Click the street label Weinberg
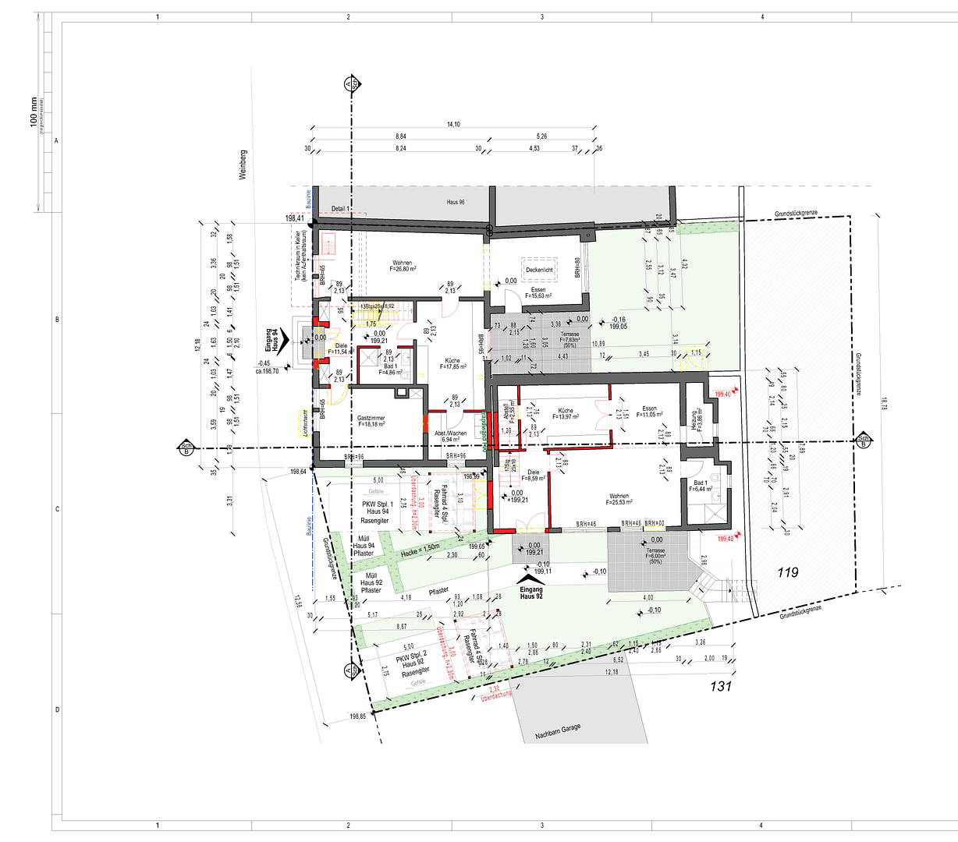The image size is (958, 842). point(243,165)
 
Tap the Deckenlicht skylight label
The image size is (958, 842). point(540,270)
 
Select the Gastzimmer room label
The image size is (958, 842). point(371,421)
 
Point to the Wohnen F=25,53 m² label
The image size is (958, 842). point(619,500)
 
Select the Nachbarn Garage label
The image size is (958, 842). point(558,732)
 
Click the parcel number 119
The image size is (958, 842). point(788,572)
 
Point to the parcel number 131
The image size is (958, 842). point(721,687)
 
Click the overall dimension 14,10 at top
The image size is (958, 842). point(453,125)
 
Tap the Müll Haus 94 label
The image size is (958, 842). point(364,546)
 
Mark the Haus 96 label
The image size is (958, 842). point(456,203)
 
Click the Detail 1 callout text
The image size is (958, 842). point(340,210)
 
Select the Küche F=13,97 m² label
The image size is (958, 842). point(566,413)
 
